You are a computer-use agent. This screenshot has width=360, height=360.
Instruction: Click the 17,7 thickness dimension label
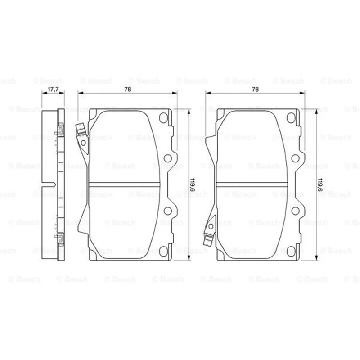(53, 89)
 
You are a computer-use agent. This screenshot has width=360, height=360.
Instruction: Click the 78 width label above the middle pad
(128, 89)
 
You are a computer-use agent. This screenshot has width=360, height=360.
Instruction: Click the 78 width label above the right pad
(255, 89)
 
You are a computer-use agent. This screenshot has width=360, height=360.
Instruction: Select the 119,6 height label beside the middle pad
(193, 185)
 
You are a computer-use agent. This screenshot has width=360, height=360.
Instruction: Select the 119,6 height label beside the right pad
(320, 185)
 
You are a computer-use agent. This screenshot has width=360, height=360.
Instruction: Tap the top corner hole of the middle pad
(163, 118)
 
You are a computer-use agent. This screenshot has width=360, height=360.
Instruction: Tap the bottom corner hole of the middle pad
(163, 251)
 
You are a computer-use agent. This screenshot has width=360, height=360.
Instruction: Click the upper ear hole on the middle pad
(168, 158)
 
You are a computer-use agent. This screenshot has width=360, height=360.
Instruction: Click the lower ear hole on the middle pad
(168, 211)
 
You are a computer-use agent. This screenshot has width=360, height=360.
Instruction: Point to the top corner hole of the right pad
(291, 118)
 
